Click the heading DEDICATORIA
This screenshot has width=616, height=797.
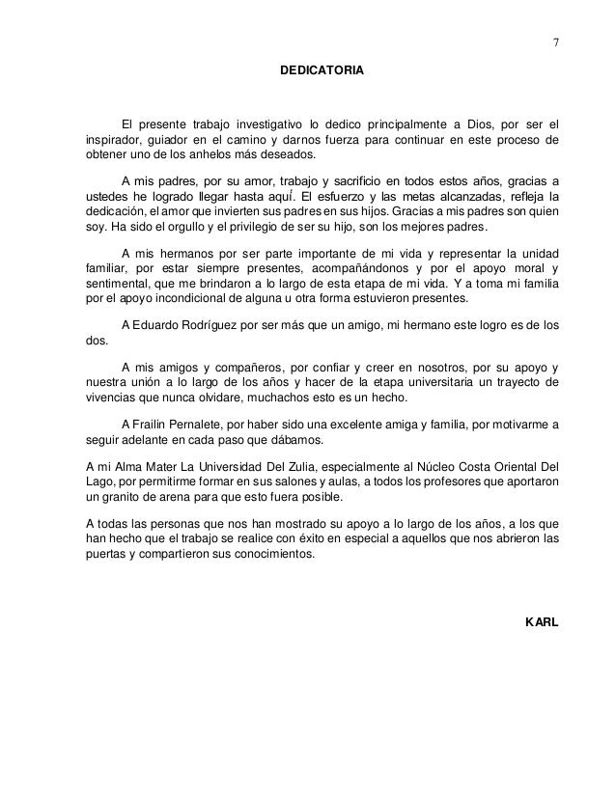(x=322, y=71)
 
